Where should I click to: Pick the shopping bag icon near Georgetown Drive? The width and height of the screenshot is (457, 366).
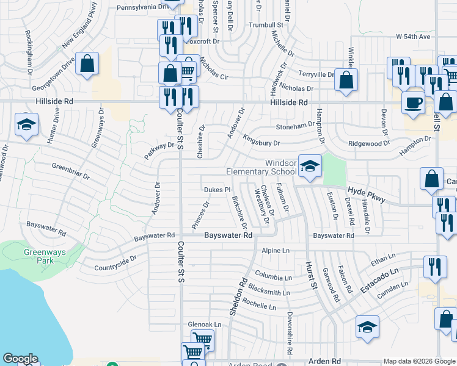pos(87,63)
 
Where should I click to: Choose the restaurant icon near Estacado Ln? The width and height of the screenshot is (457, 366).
pos(434,267)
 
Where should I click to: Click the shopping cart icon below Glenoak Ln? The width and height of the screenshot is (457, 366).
pos(202,339)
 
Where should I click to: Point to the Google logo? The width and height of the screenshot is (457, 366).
pos(20,359)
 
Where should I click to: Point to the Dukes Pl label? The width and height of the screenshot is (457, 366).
pos(216,189)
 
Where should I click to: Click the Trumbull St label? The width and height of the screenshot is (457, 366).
pos(267,25)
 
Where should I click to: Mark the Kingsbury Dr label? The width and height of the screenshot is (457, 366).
pos(261,142)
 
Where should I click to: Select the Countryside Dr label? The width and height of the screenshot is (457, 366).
pos(115,263)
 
